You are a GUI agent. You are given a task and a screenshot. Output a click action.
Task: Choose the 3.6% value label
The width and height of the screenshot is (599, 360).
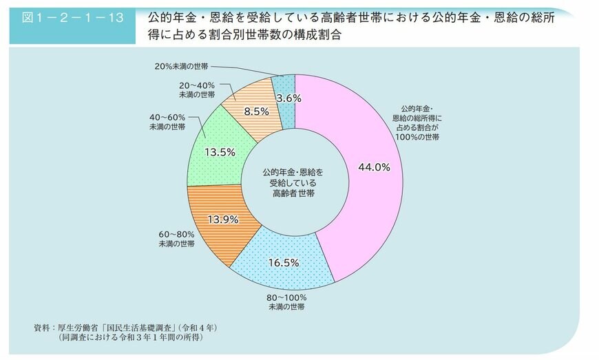(x=288, y=98)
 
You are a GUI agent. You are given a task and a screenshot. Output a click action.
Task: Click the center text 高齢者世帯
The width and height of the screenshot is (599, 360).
(x=293, y=195)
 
